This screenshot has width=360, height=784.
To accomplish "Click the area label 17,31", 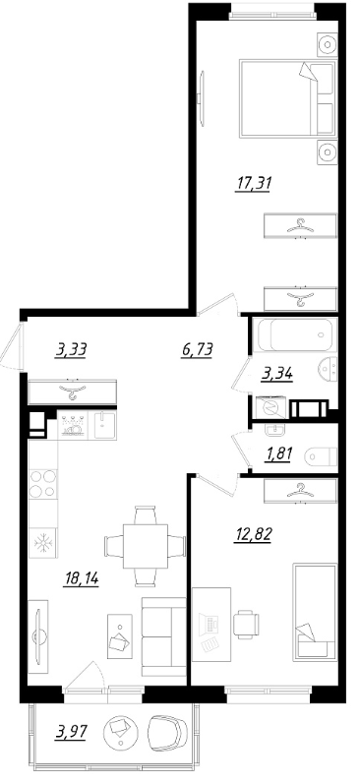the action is [x=253, y=184].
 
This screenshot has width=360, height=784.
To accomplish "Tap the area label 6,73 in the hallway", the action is [x=198, y=349].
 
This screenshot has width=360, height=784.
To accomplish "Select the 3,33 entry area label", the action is [x=71, y=349].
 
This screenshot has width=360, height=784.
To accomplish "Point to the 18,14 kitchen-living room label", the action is [x=81, y=578].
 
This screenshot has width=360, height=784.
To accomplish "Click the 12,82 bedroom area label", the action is [x=253, y=534].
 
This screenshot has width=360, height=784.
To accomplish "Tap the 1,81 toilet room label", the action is [x=278, y=453].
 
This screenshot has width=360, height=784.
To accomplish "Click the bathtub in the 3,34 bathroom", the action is [x=295, y=334].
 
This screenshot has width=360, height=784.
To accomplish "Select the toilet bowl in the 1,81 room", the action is [x=321, y=455].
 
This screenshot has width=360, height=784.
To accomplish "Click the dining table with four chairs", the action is [x=145, y=546].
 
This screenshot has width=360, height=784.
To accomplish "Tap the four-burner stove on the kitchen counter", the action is [x=43, y=484].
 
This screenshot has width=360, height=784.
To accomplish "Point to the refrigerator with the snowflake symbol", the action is [x=43, y=542].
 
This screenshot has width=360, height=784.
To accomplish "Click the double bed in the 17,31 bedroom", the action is [x=287, y=97].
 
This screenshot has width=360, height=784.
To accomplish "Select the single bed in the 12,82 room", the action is [x=315, y=612].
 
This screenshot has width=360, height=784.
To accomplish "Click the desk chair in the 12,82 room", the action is [x=246, y=624].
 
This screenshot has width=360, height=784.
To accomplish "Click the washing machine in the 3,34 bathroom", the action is [x=270, y=407].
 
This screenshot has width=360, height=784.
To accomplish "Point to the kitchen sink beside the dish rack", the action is [x=102, y=425].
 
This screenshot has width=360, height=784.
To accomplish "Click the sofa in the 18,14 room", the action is [x=163, y=636].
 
